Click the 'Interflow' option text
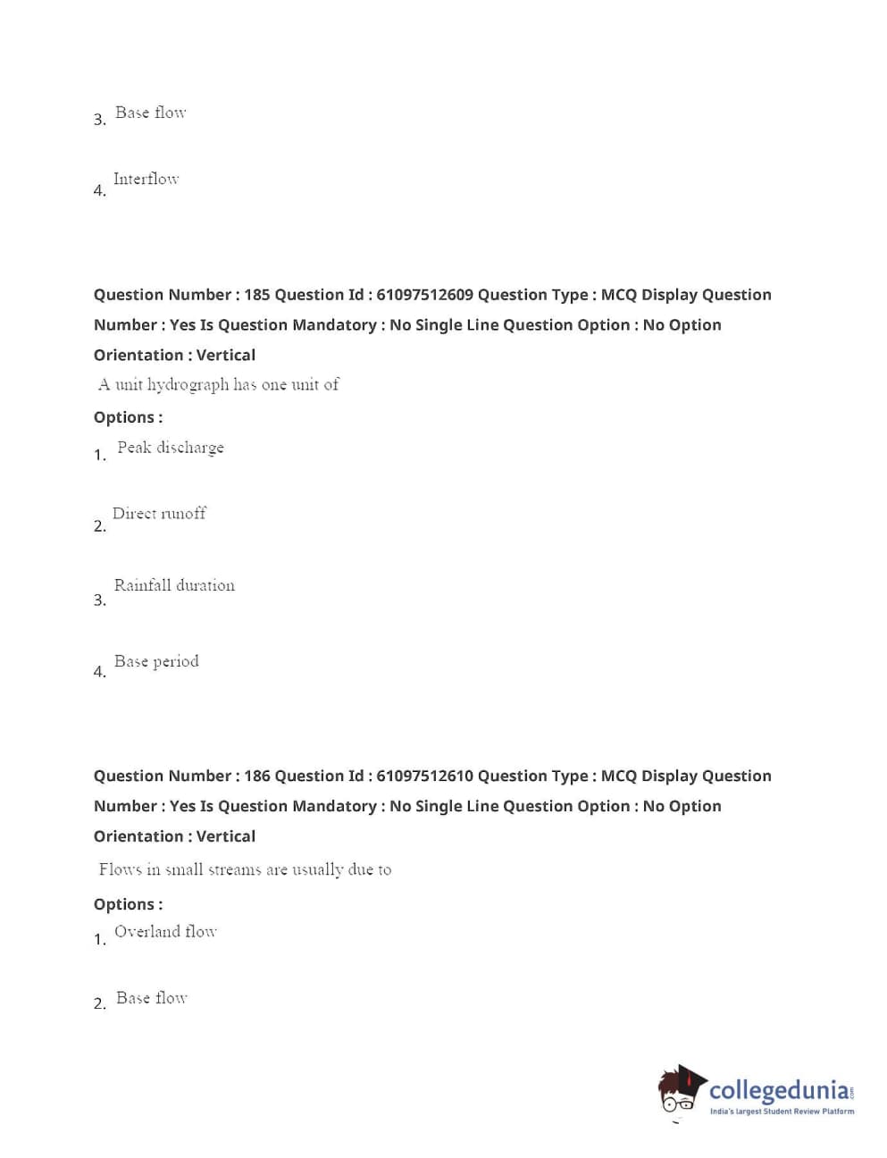tap(146, 179)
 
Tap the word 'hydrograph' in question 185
tap(188, 385)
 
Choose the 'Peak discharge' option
tap(171, 448)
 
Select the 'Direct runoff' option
tap(159, 514)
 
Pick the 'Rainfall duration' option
tap(174, 585)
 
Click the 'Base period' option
tap(156, 661)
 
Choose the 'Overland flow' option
tap(165, 931)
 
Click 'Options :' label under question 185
tap(128, 417)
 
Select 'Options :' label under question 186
tap(128, 904)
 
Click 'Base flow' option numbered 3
tap(150, 113)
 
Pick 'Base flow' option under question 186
tap(151, 998)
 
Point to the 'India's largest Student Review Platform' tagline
tap(782, 1112)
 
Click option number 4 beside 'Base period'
tap(99, 672)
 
